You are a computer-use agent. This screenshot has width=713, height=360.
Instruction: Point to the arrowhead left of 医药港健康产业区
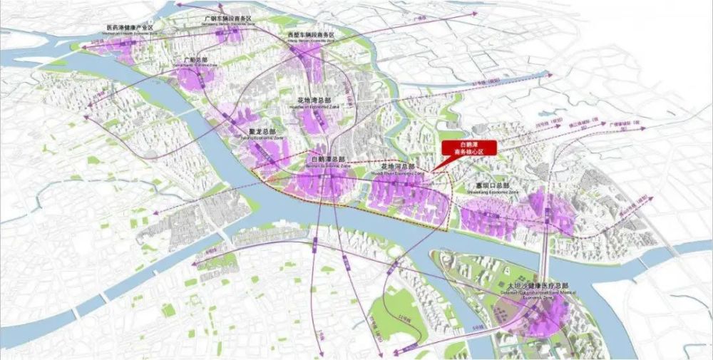tap(85, 47)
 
